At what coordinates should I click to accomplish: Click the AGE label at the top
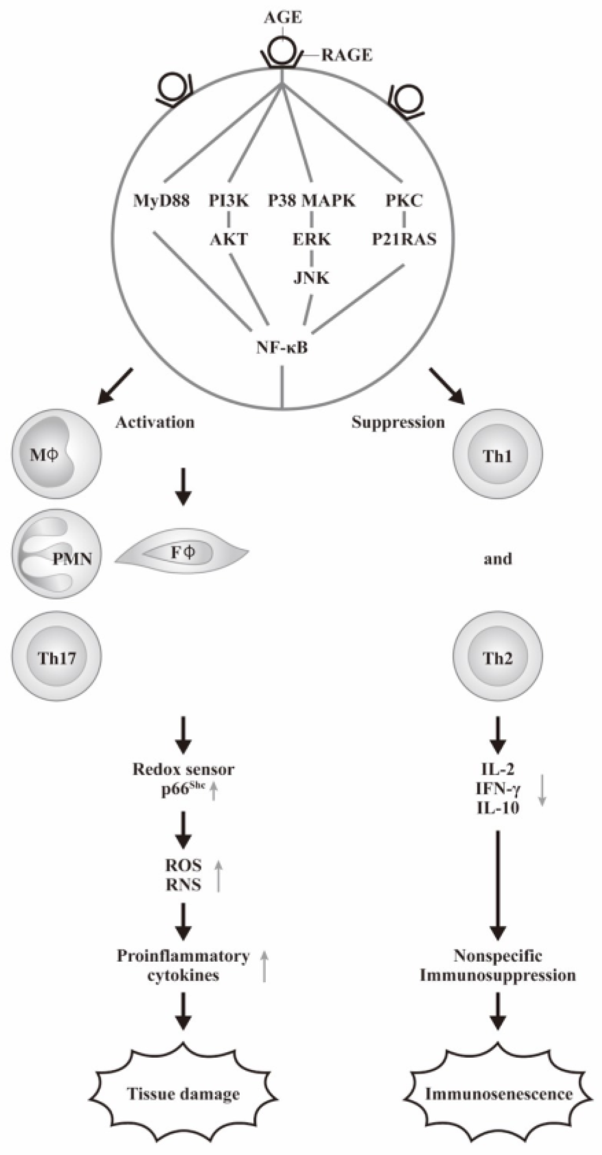click(283, 18)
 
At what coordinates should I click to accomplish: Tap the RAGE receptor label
click(347, 55)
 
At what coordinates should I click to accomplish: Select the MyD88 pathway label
click(161, 201)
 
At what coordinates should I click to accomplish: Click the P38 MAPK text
click(312, 201)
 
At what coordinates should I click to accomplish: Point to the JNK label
click(311, 277)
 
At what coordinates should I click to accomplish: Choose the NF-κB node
click(282, 348)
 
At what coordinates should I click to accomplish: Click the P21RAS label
click(404, 239)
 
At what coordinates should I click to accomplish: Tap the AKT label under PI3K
click(229, 239)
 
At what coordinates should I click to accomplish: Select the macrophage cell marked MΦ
click(57, 454)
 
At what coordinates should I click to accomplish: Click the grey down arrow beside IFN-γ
click(542, 789)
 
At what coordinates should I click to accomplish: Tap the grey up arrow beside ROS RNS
click(219, 875)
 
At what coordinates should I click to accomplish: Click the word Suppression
click(398, 422)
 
